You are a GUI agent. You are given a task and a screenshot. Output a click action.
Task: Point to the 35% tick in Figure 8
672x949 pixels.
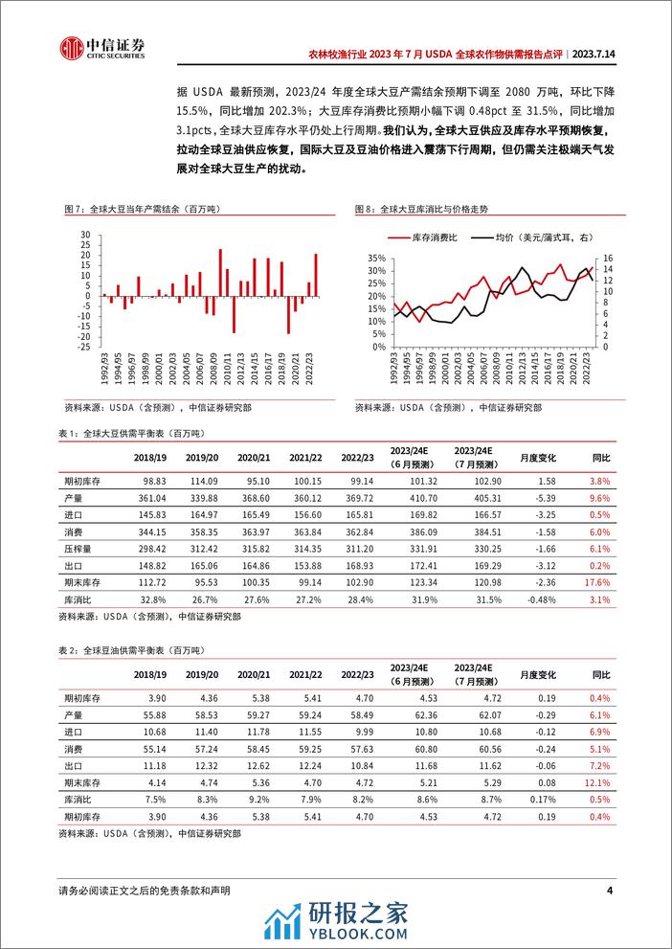tap(373, 258)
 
